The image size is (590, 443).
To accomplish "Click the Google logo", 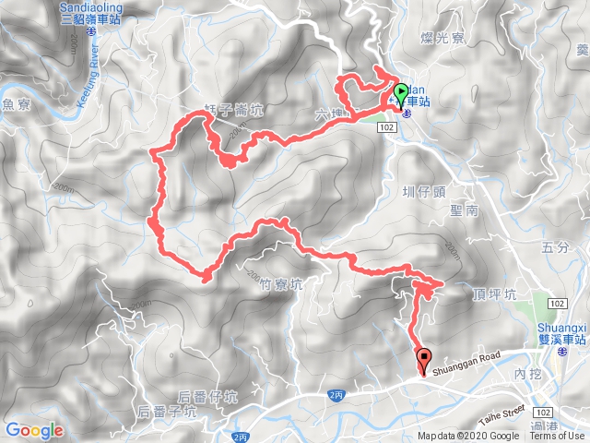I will (34, 430).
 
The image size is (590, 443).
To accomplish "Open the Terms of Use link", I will (556, 436).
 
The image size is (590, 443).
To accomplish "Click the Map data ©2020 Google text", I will (467, 436).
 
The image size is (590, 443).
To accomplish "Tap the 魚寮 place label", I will (18, 105).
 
